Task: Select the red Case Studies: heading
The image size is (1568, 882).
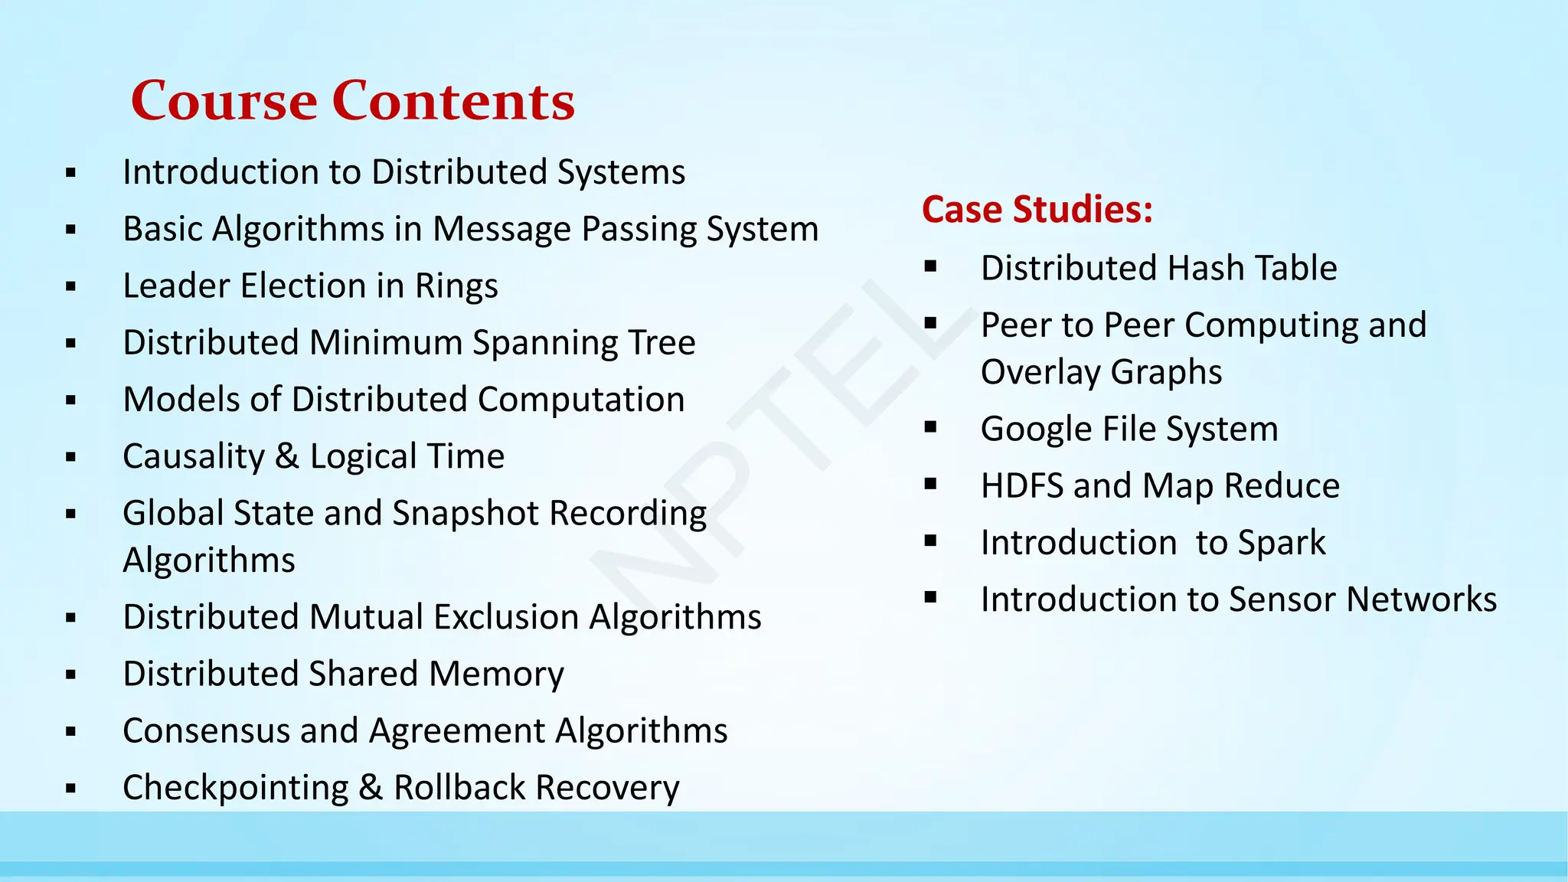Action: coord(1037,209)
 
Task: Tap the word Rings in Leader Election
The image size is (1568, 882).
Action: coord(456,286)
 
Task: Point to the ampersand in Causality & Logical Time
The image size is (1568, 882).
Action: coord(286,456)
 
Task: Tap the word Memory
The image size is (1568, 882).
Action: coord(496,675)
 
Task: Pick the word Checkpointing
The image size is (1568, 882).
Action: coord(235,788)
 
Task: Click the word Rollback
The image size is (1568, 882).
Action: coord(459,787)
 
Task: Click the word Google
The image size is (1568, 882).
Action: coord(1037,430)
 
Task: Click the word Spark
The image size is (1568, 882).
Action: coord(1282,543)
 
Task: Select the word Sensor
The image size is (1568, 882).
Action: coord(1284,599)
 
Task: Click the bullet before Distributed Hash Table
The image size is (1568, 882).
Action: coord(930,267)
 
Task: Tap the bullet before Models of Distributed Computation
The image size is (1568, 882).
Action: coord(71,400)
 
